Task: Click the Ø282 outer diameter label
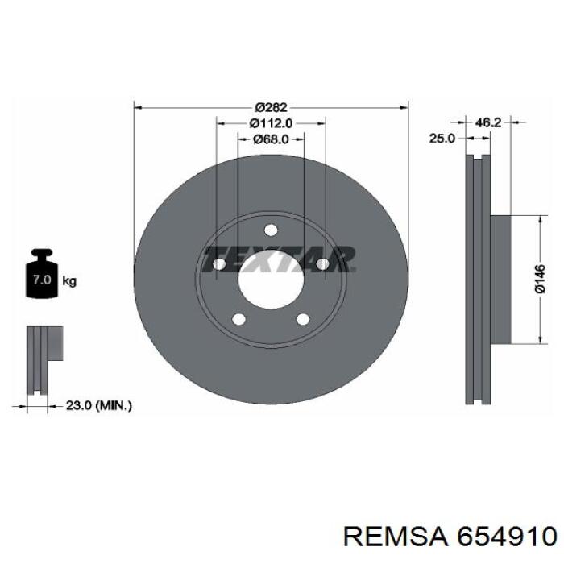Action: pos(271,107)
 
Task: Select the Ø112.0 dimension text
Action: pos(271,123)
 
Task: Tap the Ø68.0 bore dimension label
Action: pos(271,139)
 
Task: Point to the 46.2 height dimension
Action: pos(489,122)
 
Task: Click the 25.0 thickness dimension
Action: pos(442,139)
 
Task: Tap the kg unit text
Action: pos(69,281)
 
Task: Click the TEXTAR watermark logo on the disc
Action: pos(277,259)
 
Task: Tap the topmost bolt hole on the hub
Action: pos(271,230)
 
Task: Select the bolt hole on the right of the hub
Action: pos(322,264)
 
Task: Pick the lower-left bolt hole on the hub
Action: pos(238,320)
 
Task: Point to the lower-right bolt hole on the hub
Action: pos(303,320)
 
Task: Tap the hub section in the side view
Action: pos(500,280)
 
